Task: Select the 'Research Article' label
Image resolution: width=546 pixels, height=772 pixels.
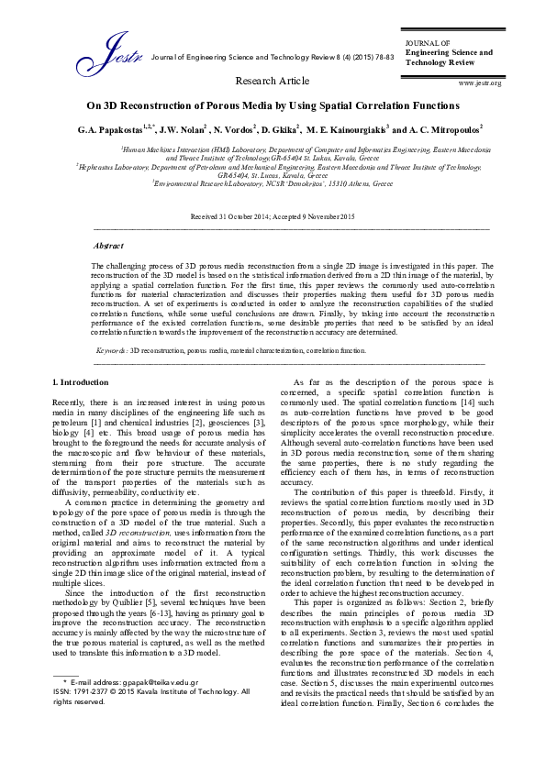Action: pos(273,82)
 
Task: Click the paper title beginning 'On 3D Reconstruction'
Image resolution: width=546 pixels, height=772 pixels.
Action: pos(273,106)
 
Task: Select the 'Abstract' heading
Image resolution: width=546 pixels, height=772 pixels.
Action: pos(109,247)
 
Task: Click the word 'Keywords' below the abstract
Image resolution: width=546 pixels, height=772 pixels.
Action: pos(112,350)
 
